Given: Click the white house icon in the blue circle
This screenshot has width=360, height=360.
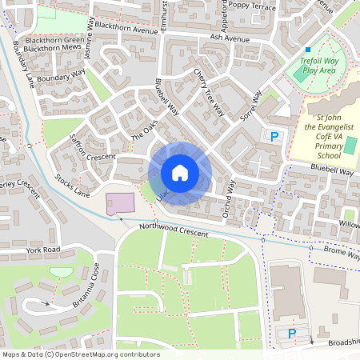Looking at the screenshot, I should (180, 172).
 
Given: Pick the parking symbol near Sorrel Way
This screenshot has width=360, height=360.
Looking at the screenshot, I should (275, 137).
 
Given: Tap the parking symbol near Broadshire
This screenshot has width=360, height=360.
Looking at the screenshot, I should (292, 333).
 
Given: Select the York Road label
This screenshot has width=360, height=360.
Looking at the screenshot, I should (43, 250).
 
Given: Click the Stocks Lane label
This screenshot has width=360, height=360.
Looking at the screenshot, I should (71, 186).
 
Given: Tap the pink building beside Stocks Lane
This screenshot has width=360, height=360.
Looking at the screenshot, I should (121, 203).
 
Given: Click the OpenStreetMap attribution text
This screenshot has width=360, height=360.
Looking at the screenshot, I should (70, 354).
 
